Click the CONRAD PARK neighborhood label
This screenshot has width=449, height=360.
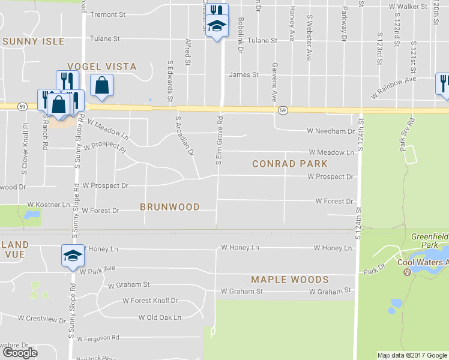pos(290,164)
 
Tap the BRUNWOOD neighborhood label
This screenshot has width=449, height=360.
pos(170,206)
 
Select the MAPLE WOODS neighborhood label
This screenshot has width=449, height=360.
pos(290,280)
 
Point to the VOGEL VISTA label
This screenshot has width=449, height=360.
pos(101,67)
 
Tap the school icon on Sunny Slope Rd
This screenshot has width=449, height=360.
pos(73,256)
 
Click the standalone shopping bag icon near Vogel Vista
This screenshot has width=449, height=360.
pos(101,86)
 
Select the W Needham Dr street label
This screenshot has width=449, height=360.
pos(331,131)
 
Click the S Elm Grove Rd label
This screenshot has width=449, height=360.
pos(218,142)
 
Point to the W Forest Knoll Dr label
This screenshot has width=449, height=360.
pos(150,301)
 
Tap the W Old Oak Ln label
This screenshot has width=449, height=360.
pos(160,317)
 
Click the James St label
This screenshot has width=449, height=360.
pos(244,75)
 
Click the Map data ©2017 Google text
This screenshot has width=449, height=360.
pos(412,355)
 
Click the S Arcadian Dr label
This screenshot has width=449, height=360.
pos(184,136)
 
